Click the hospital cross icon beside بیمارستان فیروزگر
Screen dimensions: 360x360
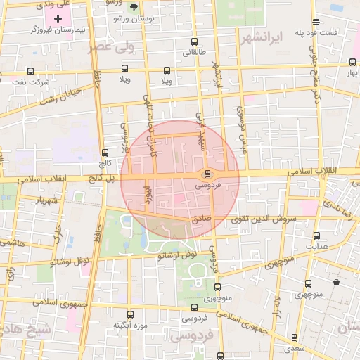click(x=58, y=17)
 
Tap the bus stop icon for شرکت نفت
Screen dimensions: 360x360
click(x=30, y=71)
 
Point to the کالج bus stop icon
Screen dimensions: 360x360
click(x=105, y=152)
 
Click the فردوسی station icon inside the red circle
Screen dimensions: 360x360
click(x=207, y=174)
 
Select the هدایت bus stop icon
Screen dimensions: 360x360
click(x=316, y=236)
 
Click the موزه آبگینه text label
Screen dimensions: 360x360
click(x=129, y=326)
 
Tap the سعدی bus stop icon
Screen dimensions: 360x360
click(x=293, y=336)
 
